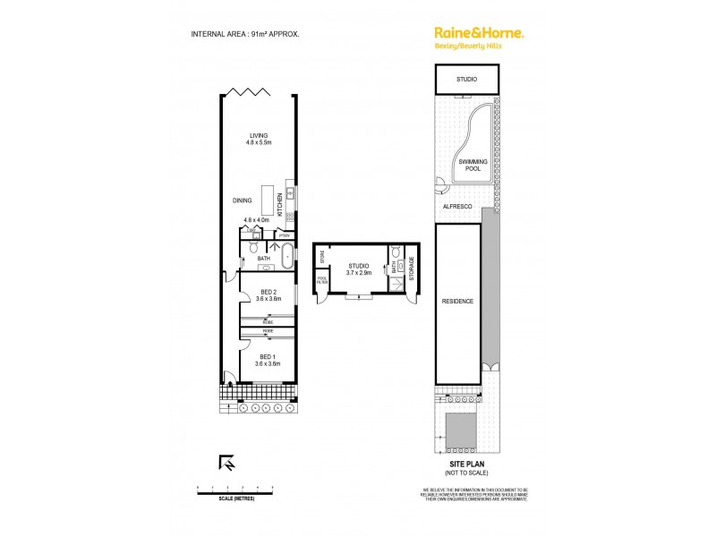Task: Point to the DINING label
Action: coord(243,200)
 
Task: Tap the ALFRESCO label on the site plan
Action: coord(456,206)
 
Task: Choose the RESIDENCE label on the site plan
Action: coord(457,302)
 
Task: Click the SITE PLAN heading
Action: coord(471,465)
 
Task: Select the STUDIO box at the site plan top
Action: coord(466,80)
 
